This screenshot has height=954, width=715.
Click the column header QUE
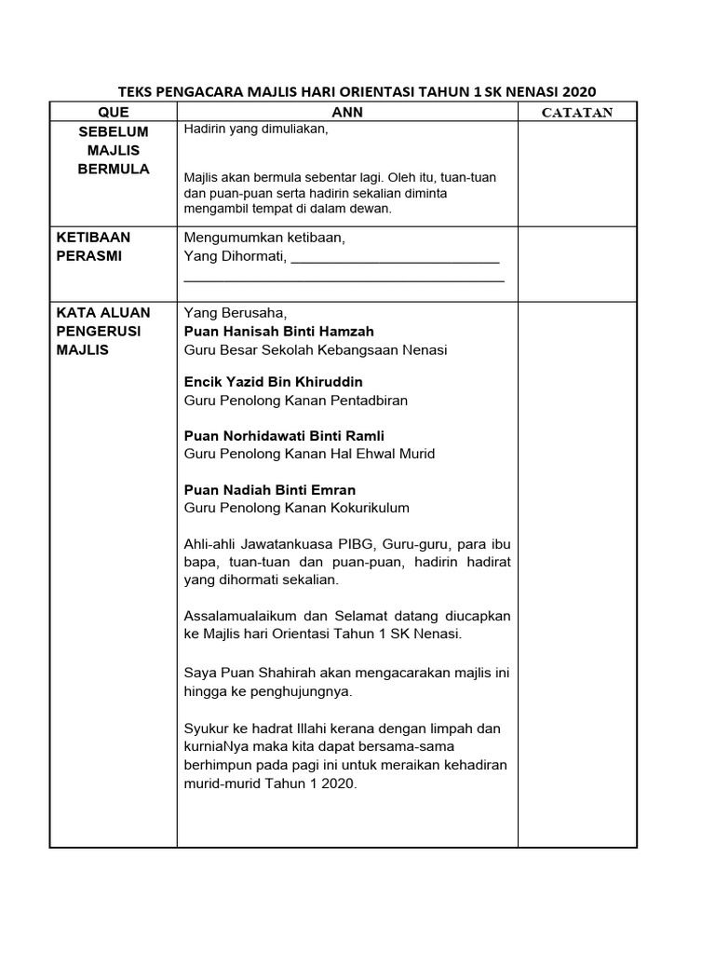(113, 112)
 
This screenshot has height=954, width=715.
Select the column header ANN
(347, 112)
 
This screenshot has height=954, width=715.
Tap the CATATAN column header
(577, 113)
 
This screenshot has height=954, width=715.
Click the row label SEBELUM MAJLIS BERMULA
(113, 150)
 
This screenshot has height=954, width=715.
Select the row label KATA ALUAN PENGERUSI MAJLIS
(102, 331)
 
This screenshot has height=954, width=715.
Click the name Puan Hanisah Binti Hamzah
(279, 331)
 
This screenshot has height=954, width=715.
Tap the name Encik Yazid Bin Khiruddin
(274, 382)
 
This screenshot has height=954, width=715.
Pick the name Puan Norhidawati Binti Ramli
(284, 436)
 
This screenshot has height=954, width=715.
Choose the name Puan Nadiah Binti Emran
(270, 489)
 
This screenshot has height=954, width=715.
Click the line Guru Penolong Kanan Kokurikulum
(296, 508)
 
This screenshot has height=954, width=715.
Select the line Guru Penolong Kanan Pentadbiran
(296, 401)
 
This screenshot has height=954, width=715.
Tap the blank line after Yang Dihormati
(396, 258)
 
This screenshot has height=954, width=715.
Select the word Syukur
(206, 728)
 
